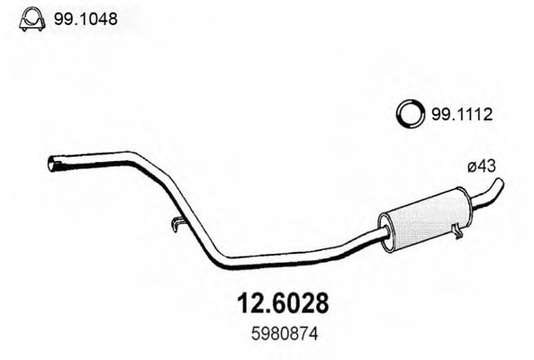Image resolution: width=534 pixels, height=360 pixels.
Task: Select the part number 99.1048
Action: click(x=87, y=17)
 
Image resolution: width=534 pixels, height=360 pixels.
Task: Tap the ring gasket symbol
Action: click(x=411, y=115)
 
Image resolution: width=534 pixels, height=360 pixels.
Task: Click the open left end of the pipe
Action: click(x=52, y=164)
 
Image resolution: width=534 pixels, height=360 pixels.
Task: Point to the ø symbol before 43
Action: click(x=472, y=165)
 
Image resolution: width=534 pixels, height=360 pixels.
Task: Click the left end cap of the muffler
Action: click(x=385, y=228)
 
